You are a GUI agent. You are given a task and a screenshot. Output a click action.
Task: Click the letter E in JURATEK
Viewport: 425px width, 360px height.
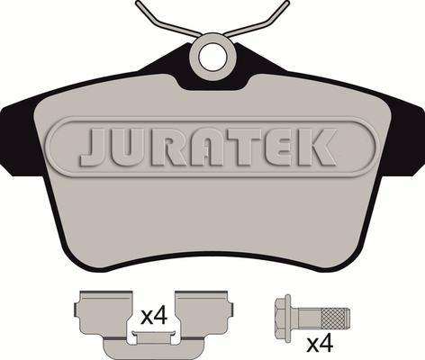(x=279, y=147)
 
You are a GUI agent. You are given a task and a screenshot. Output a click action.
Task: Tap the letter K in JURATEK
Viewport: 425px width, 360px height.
(x=316, y=147)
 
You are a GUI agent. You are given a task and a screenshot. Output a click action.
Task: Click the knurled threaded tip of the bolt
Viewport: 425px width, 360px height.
(x=336, y=316)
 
